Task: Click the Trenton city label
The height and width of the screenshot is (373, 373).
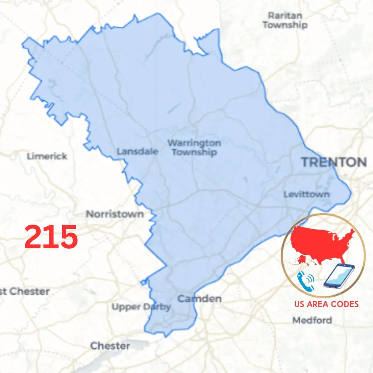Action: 334,162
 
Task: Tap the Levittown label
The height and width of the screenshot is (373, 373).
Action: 307,194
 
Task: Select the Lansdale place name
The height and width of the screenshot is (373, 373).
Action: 137,151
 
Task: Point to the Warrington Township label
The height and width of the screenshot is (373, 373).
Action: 194,148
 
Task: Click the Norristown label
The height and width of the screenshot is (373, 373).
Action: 115,214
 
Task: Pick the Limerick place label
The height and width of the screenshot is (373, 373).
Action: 47,156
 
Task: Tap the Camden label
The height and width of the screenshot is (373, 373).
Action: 199,298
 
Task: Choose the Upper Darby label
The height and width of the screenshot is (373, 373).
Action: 141,307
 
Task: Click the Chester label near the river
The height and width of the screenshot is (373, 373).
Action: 110,345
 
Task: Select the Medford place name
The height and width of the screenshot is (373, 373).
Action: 312,320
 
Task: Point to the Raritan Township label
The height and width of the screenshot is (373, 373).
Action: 285,20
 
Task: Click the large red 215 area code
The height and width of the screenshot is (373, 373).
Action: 51,237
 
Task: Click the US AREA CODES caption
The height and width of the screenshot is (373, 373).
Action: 326,304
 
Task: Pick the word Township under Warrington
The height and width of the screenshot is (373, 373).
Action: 194,153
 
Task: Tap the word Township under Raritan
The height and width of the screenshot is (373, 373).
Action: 285,25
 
